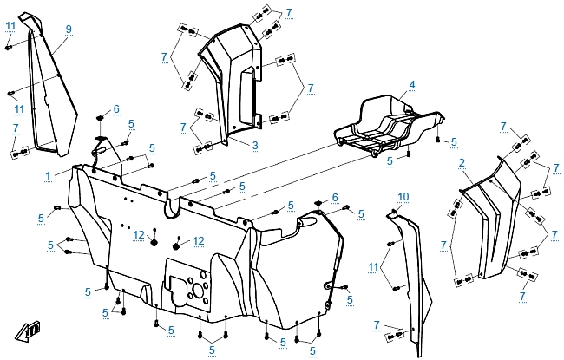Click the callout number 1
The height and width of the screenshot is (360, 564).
click(46, 174)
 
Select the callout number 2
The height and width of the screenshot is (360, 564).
click(462, 162)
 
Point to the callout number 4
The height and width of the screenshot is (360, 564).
click(412, 85)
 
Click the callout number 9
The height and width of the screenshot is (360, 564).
click(69, 29)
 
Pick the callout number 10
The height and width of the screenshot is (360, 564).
click(403, 196)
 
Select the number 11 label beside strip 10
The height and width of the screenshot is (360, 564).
click(373, 265)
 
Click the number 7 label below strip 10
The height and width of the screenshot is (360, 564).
click(377, 324)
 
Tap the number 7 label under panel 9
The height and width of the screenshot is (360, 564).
click(16, 128)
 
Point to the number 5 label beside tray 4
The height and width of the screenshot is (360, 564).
click(390, 160)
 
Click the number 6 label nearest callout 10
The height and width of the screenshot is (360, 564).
click(334, 199)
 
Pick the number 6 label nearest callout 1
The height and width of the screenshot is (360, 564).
click(115, 109)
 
